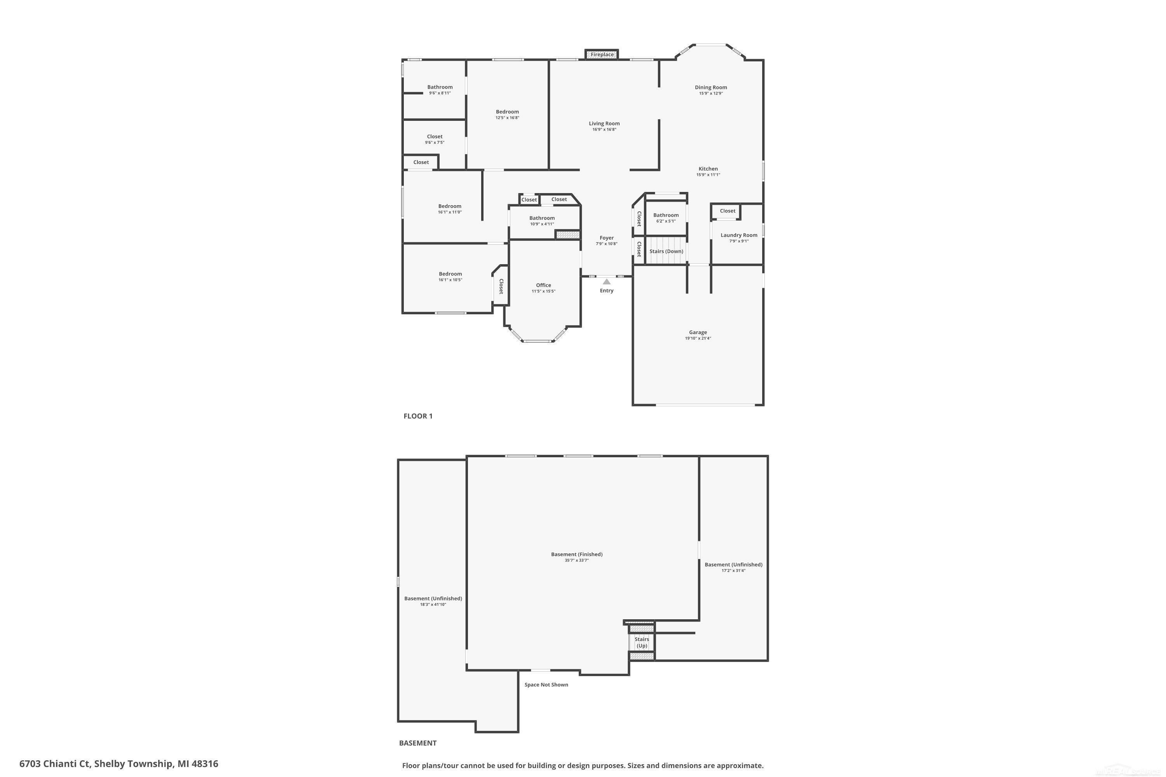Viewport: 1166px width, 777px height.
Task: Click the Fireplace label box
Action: (x=602, y=54)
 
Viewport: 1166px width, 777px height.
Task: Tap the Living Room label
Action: (x=604, y=124)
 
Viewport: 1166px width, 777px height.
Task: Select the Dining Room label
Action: (x=710, y=87)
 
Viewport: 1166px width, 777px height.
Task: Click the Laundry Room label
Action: (x=739, y=235)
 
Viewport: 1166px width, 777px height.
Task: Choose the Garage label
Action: (x=698, y=332)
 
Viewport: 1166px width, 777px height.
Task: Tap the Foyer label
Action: (x=606, y=238)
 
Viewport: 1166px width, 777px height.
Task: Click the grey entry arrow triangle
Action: (x=606, y=281)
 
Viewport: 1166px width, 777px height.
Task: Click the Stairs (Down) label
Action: (x=666, y=251)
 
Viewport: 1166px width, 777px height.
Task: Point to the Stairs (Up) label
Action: (x=642, y=642)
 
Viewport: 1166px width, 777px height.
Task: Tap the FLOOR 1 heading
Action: (x=418, y=416)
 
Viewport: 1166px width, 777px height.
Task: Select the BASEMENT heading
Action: (x=418, y=743)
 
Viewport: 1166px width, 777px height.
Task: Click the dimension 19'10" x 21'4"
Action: (x=698, y=338)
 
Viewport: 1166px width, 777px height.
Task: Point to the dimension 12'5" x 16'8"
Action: (x=507, y=118)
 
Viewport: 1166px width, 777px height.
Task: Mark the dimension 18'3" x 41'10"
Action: (x=433, y=605)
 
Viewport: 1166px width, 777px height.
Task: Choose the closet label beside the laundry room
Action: (x=727, y=211)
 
